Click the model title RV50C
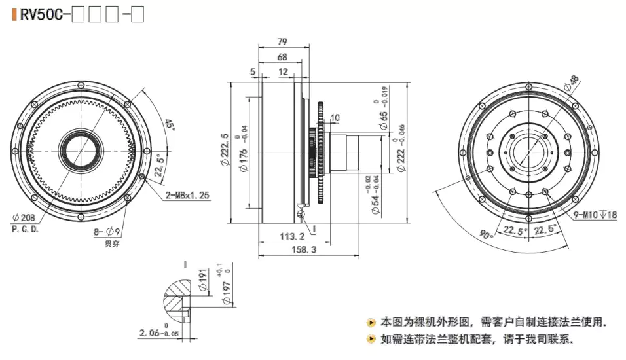[41, 14]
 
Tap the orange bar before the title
[14, 14]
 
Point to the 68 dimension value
[282, 57]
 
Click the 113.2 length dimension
[293, 236]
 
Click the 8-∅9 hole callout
[107, 231]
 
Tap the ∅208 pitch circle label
[24, 219]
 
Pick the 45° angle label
[170, 124]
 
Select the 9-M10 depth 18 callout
[594, 214]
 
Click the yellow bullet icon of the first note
[371, 322]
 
